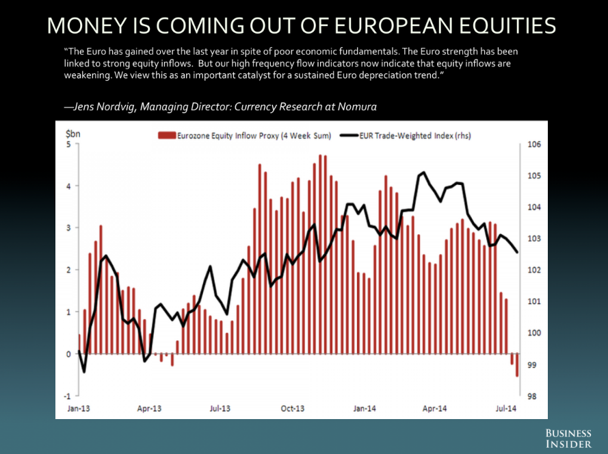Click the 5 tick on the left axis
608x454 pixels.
coord(68,144)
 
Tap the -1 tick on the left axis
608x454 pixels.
coord(67,396)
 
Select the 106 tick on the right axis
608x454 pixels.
coord(534,144)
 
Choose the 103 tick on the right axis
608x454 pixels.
coord(534,239)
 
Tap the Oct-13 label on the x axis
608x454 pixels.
coord(292,409)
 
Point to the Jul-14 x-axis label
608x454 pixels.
coord(505,409)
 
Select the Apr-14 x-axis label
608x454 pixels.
coord(435,409)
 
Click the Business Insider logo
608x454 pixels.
coord(568,439)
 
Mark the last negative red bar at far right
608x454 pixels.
coord(517,365)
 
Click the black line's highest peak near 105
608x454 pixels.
coord(424,173)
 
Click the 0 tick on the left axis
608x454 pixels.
coord(68,354)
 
